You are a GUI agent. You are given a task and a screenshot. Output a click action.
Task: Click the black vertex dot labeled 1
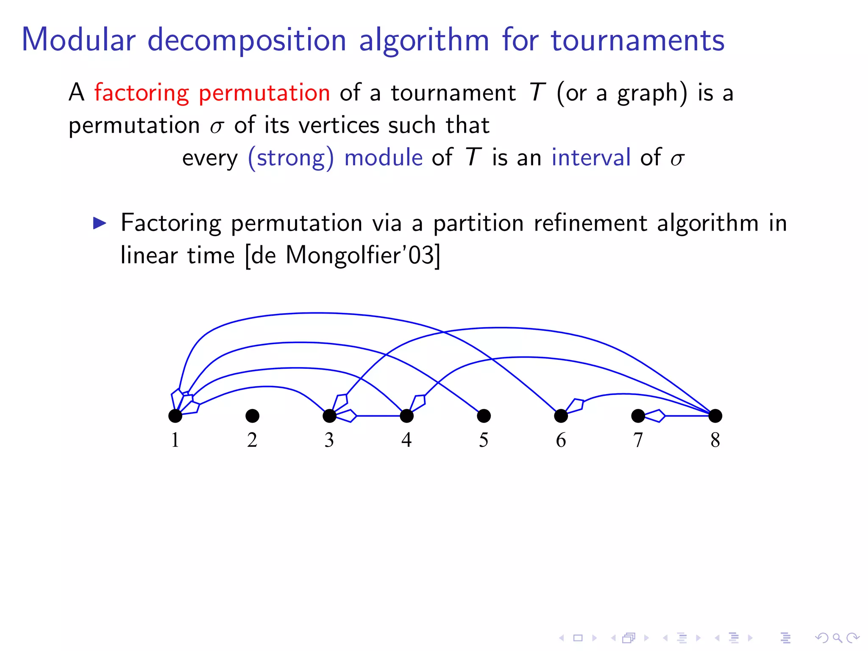tap(175, 416)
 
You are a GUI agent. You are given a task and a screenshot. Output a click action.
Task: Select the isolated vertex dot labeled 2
tap(252, 416)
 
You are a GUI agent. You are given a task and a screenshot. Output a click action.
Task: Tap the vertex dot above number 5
tap(484, 416)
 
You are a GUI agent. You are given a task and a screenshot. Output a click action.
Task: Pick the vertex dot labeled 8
tap(715, 416)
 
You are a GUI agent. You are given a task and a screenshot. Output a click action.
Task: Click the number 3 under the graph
tap(329, 440)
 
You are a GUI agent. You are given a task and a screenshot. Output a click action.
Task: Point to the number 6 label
tap(561, 440)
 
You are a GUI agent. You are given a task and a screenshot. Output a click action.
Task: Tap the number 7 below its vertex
tap(638, 440)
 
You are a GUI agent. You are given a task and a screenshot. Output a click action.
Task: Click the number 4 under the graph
tap(406, 440)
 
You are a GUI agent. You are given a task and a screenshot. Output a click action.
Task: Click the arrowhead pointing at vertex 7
tap(655, 416)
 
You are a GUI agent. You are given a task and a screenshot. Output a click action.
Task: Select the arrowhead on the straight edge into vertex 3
tap(347, 416)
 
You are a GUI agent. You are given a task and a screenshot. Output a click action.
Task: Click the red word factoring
tap(142, 93)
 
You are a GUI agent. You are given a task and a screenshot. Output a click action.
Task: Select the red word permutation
tap(264, 93)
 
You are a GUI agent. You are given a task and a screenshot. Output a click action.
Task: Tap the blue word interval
tap(591, 158)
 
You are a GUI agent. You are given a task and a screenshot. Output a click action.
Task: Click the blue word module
tap(383, 158)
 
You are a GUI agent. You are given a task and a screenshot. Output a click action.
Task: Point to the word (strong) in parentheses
tap(291, 158)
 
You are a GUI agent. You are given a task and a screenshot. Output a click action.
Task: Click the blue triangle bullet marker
tap(100, 223)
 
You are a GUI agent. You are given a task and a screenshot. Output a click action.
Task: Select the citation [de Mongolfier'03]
tap(343, 256)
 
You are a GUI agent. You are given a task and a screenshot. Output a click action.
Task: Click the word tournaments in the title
tap(637, 40)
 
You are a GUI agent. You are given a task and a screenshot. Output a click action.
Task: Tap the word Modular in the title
tap(79, 40)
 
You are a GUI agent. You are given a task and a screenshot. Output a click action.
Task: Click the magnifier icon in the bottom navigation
tap(837, 637)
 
